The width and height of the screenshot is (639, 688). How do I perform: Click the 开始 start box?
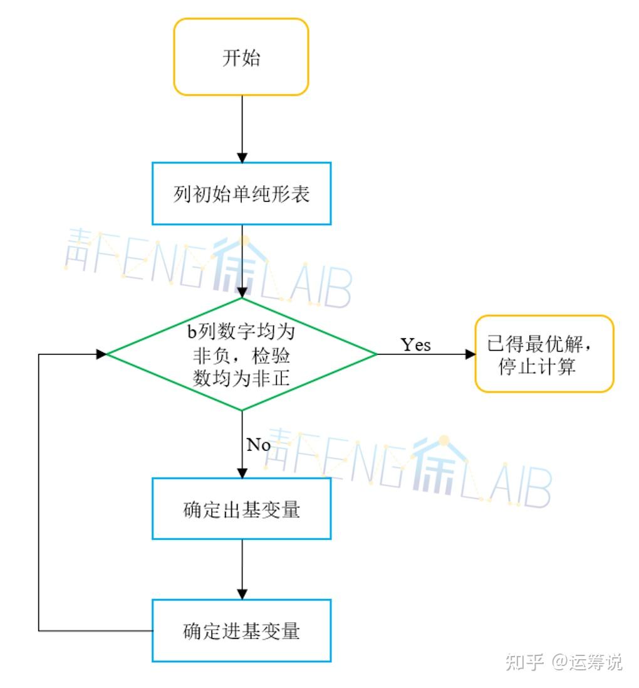241,56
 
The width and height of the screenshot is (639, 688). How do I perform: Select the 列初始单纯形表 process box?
241,194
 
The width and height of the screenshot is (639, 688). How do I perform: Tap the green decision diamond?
241,354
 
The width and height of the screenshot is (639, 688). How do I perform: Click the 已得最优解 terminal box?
544,354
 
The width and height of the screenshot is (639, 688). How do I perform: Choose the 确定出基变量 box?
241,509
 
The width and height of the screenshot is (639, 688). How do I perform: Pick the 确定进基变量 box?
241,630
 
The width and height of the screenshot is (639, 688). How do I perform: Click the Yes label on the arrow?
415,345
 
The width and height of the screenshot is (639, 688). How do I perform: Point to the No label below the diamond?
259,445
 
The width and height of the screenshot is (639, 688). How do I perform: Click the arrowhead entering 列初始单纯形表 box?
242,157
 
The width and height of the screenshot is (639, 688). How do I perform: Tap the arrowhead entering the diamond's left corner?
101,354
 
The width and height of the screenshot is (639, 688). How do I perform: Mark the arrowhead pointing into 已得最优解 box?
470,354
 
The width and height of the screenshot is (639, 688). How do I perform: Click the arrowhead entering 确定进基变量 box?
242,594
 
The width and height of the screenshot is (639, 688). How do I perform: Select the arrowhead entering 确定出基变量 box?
242,473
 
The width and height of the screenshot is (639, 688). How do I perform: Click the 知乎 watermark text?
525,662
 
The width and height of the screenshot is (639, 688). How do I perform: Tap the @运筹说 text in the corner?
587,662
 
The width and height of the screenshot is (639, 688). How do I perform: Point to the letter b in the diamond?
192,332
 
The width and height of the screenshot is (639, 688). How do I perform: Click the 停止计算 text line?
537,366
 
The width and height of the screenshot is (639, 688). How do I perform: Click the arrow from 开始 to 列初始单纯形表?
242,129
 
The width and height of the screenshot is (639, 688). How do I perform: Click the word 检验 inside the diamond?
271,356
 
